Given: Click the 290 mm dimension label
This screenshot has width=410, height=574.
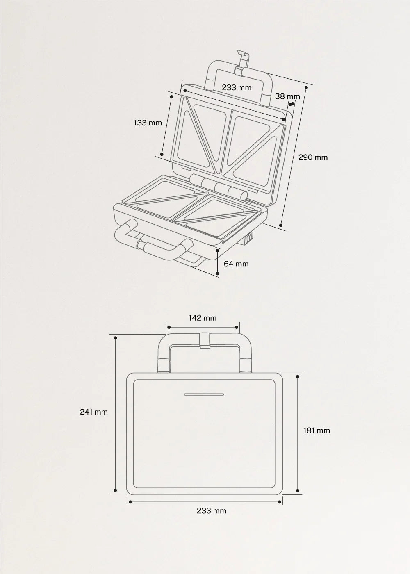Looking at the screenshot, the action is [313, 157].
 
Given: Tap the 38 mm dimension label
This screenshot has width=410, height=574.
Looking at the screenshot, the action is [287, 96].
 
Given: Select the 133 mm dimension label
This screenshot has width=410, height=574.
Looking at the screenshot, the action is [148, 123].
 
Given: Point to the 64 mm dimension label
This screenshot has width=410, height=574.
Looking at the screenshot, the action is [236, 264].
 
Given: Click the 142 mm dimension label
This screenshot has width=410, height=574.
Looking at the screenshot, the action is [203, 318].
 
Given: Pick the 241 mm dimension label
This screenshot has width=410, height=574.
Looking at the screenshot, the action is [94, 412].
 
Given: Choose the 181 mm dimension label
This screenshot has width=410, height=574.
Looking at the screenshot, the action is [317, 430].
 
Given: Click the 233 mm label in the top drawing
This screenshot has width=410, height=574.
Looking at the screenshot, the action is [237, 87].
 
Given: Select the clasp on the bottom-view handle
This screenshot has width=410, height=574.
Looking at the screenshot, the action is [205, 340].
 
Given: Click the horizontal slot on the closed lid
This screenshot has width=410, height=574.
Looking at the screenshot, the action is [204, 394].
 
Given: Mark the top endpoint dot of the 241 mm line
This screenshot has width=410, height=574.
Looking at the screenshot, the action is [115, 338].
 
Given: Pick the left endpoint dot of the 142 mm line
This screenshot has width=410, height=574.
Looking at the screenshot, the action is [169, 327].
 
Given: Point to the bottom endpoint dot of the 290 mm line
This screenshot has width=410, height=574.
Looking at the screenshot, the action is [281, 225].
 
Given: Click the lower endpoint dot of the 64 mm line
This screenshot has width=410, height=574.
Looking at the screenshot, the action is [218, 274].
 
